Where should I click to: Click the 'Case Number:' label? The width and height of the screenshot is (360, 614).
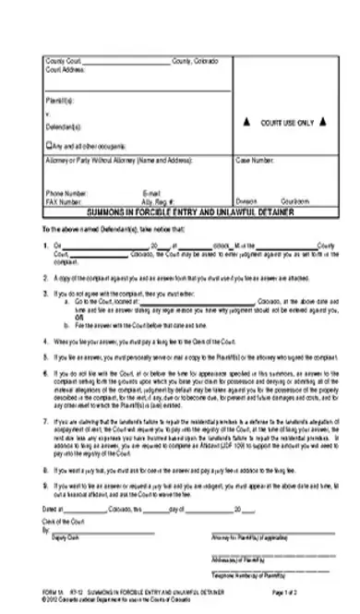[x=255, y=160]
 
